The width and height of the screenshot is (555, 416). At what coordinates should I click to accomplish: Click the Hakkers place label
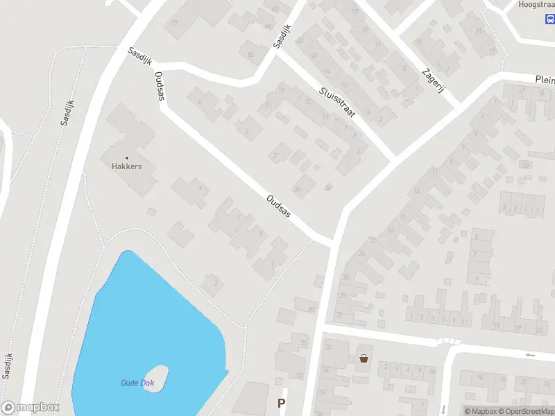click(126, 166)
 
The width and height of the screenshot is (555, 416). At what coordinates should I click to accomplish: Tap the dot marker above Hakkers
click(126, 157)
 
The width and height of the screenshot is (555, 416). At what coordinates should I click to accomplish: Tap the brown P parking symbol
click(281, 404)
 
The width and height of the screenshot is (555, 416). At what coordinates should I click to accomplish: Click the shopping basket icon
click(364, 358)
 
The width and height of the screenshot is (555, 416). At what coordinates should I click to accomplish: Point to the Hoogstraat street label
click(536, 5)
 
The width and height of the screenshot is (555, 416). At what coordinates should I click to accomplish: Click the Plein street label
click(545, 80)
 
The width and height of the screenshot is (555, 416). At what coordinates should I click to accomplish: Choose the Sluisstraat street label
click(337, 102)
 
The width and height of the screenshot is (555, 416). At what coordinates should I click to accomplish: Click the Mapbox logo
click(31, 408)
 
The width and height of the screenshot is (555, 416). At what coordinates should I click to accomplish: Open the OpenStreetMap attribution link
click(527, 411)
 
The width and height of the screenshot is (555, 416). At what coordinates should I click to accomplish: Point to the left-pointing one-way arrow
click(531, 355)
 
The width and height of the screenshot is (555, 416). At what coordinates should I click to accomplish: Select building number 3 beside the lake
click(216, 283)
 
